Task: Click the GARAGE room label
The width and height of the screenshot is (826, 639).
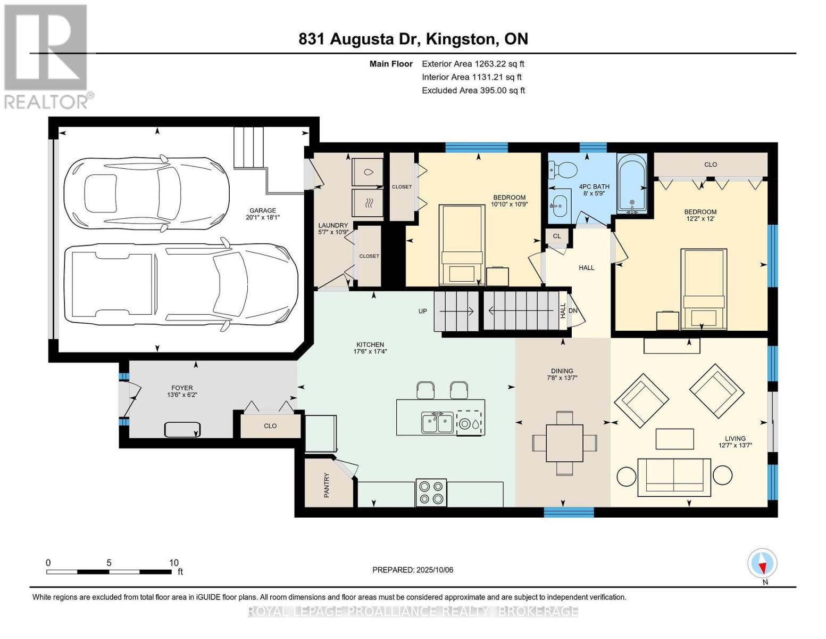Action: [263, 210]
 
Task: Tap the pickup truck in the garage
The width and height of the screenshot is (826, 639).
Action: [181, 288]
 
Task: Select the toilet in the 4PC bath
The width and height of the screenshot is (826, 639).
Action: [563, 170]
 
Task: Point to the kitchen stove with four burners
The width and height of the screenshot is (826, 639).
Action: [431, 492]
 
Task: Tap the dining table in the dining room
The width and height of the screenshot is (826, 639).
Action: [564, 443]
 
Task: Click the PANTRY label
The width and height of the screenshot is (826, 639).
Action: [327, 485]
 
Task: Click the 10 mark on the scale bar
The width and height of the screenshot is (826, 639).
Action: [173, 563]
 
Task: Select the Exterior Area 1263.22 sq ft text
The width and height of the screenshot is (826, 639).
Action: [473, 64]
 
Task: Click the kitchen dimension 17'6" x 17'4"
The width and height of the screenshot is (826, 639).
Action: [370, 351]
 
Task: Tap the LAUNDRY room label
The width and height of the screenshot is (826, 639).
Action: [333, 225]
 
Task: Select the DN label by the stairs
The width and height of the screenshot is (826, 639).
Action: [573, 310]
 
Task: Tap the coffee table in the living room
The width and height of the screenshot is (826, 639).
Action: [674, 439]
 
